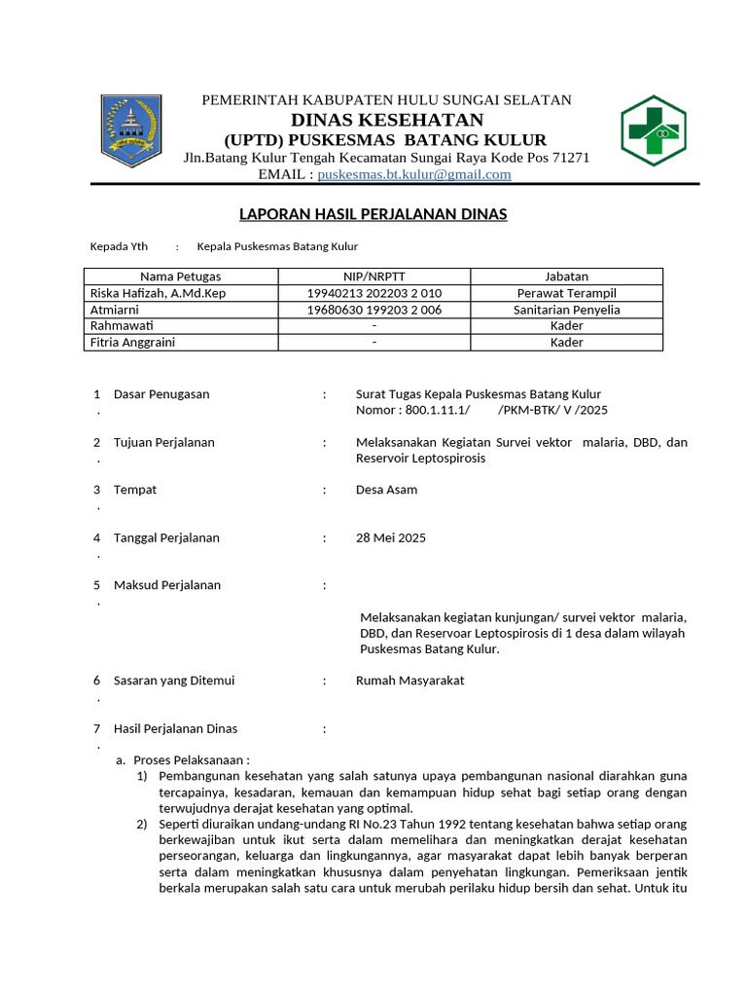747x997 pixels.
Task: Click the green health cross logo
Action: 653,130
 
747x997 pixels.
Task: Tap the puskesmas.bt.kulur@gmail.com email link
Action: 414,174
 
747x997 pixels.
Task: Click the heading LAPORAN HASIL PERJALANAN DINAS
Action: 373,214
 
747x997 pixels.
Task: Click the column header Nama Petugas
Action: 180,277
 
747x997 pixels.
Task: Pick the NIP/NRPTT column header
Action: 373,277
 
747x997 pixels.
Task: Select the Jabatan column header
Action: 566,277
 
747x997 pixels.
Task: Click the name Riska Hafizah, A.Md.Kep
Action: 158,293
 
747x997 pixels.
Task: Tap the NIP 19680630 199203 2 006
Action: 373,310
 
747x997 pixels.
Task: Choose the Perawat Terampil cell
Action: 566,293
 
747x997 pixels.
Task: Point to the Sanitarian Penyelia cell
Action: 566,310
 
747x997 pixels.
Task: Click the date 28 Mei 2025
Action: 391,537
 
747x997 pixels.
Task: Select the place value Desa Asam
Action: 386,490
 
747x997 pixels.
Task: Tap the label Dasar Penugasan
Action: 161,394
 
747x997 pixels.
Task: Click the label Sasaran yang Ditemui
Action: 174,681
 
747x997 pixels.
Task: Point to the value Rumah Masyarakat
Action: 409,681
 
